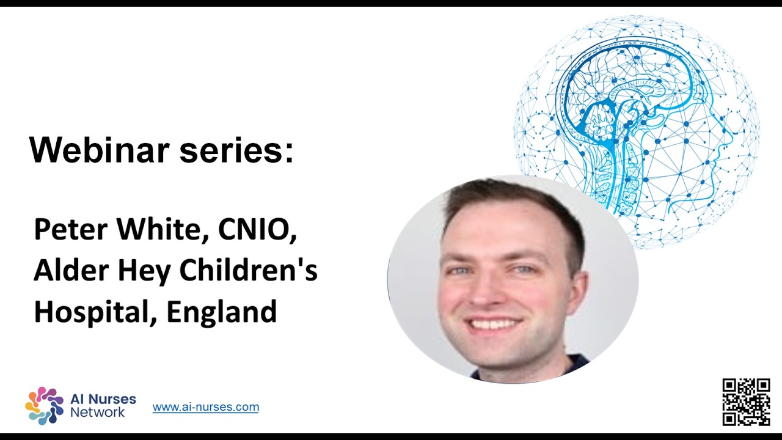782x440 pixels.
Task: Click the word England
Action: pos(222,312)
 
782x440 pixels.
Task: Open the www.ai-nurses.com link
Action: pos(205,407)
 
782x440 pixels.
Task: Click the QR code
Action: pos(746,402)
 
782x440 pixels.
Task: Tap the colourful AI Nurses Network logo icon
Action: pos(44,405)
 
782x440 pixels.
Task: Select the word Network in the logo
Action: pos(98,413)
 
